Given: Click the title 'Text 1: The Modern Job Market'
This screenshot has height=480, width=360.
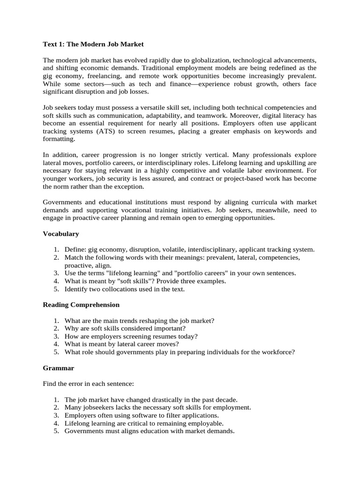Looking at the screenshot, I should pyautogui.click(x=93, y=44).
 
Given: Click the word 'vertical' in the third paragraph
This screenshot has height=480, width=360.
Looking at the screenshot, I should pyautogui.click(x=222, y=155).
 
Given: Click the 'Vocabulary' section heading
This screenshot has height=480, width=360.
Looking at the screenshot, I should pyautogui.click(x=61, y=233).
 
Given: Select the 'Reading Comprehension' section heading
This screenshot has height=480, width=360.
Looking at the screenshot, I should pyautogui.click(x=81, y=305).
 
